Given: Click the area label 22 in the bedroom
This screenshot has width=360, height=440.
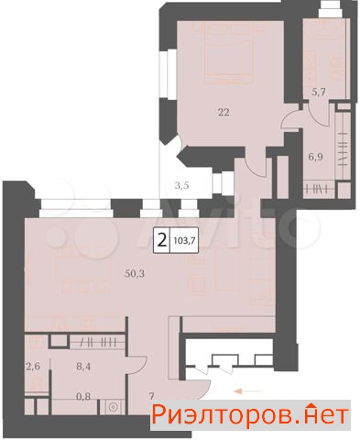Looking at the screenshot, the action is (x=224, y=113).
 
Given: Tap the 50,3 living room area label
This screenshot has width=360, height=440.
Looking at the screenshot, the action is (x=135, y=273).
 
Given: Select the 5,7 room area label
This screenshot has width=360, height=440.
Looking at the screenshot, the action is (x=318, y=92).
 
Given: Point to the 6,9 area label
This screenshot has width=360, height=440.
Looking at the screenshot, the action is (x=316, y=158).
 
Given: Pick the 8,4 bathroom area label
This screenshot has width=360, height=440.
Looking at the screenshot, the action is (x=83, y=366).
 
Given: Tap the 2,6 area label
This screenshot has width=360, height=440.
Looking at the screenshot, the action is (x=33, y=366).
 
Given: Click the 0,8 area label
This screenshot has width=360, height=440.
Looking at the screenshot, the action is (x=83, y=397).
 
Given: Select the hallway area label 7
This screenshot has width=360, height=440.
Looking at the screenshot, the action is (x=152, y=397).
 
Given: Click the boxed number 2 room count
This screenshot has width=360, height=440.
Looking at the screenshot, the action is (x=162, y=241).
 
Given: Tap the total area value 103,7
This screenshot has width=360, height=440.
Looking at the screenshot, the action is (x=184, y=240).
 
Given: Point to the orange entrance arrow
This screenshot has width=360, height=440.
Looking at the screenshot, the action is (x=247, y=390).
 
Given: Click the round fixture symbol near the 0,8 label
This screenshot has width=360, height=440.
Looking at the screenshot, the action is (x=114, y=407).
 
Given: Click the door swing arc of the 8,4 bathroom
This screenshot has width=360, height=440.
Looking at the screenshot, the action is (x=141, y=360).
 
